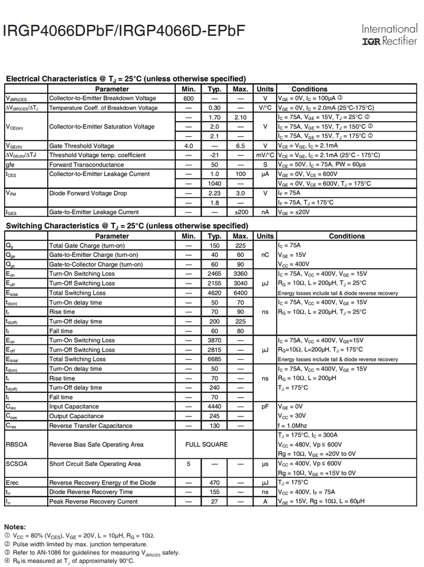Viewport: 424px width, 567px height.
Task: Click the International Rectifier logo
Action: coord(389,35)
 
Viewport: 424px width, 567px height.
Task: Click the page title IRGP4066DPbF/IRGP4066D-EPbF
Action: coord(124,31)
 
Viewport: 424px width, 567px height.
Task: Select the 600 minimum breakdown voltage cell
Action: coord(189,99)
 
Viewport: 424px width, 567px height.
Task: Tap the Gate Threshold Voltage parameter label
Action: coord(81,146)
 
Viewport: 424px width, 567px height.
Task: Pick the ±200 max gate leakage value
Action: coord(241,212)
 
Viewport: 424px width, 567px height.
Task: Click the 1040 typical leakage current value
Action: coord(215,184)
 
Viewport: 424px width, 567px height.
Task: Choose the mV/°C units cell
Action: coord(265,155)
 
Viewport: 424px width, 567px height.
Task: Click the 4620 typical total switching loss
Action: coord(215,293)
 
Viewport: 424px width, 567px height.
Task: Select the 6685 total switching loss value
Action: coord(215,359)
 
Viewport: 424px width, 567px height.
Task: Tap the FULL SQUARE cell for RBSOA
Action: coord(206,445)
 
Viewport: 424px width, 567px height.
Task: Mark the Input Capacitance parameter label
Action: coord(74,407)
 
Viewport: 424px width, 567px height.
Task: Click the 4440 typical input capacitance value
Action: coord(215,407)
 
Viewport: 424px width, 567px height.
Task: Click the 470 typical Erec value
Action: coord(215,483)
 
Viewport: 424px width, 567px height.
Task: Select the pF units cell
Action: coord(265,407)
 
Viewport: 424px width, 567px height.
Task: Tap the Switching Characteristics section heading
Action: coord(127,226)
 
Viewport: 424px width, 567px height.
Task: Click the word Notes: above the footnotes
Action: coord(15,527)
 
